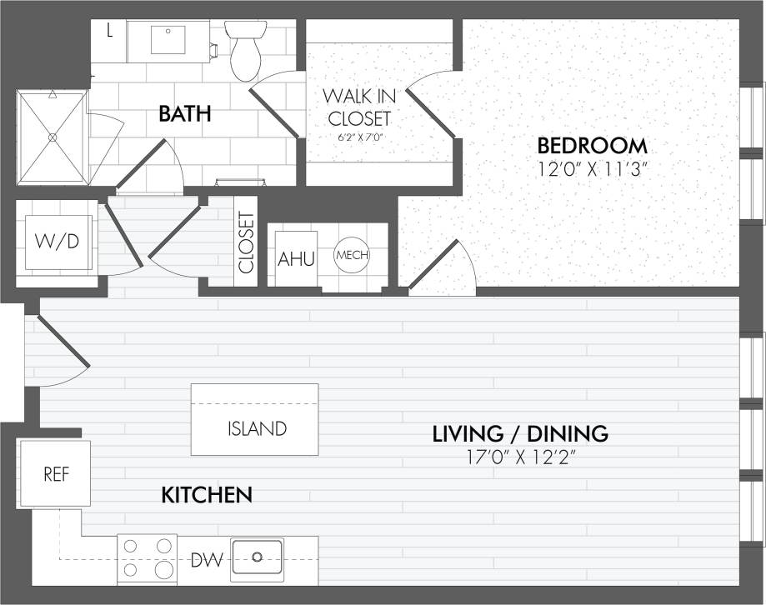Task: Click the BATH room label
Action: click(184, 114)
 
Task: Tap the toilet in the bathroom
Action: click(246, 50)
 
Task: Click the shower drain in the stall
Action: click(53, 137)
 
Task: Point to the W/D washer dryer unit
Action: click(58, 242)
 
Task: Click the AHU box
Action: click(296, 259)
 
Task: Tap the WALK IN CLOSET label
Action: click(358, 106)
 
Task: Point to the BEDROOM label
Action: click(593, 146)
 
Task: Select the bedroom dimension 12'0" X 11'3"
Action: click(593, 168)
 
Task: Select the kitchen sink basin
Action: click(257, 557)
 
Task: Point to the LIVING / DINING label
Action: click(519, 434)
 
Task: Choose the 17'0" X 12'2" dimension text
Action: click(519, 457)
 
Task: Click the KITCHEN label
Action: click(206, 495)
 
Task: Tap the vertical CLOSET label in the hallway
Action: click(246, 242)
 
